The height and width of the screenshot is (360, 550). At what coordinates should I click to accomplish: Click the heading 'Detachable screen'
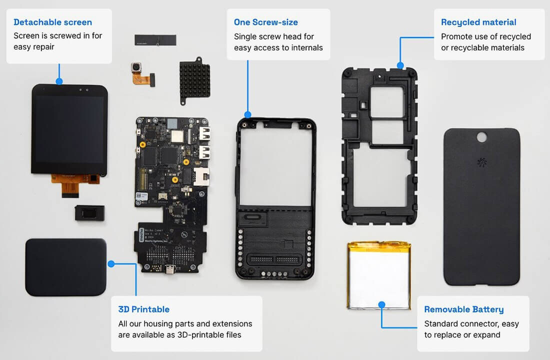pyautogui.click(x=52, y=22)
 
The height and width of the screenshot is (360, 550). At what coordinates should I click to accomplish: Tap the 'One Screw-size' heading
pyautogui.click(x=266, y=22)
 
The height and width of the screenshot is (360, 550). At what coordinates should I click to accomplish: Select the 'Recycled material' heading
pyautogui.click(x=478, y=22)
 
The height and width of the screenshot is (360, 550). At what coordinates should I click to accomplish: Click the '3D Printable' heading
pyautogui.click(x=144, y=309)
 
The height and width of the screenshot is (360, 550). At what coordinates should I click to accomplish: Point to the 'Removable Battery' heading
pyautogui.click(x=463, y=309)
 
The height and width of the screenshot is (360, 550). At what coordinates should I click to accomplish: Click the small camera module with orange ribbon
pyautogui.click(x=142, y=73)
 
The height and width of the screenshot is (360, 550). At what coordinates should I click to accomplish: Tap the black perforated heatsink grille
pyautogui.click(x=195, y=80)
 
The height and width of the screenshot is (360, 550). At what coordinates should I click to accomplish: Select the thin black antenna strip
pyautogui.click(x=155, y=39)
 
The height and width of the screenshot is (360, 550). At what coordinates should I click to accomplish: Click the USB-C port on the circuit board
pyautogui.click(x=170, y=270)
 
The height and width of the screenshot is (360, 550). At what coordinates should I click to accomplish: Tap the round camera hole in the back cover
pyautogui.click(x=481, y=137)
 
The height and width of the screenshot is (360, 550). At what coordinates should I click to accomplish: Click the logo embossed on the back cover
pyautogui.click(x=482, y=162)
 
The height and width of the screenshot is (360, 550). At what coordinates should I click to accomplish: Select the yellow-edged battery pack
pyautogui.click(x=379, y=276)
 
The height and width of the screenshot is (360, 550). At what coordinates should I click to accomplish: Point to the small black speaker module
pyautogui.click(x=89, y=212)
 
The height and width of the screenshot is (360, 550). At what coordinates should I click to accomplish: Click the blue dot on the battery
pyautogui.click(x=381, y=304)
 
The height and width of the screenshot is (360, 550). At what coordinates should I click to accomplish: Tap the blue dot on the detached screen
pyautogui.click(x=59, y=81)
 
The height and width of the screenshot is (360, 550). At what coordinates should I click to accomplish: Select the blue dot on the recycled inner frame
pyautogui.click(x=400, y=65)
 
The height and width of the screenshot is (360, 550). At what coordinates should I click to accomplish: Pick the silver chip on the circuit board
pyautogui.click(x=177, y=136)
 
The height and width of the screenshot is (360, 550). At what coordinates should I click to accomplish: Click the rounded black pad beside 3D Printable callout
pyautogui.click(x=66, y=267)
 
